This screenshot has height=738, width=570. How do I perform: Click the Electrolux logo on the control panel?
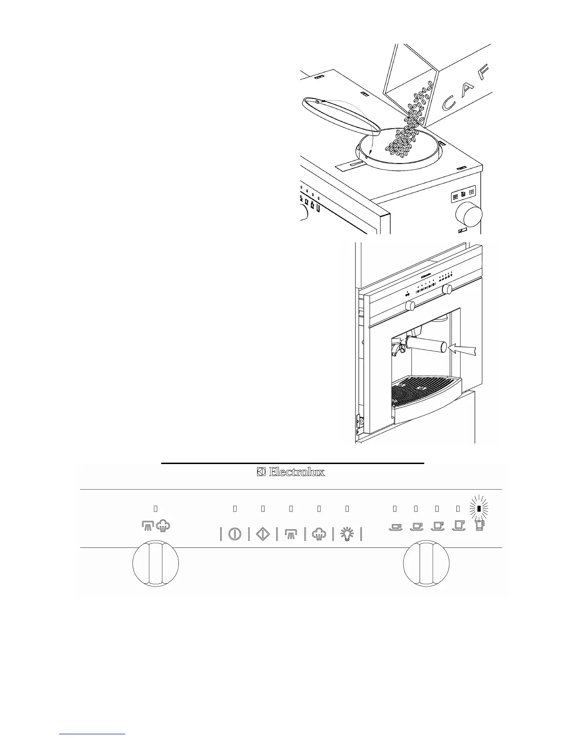(x=291, y=472)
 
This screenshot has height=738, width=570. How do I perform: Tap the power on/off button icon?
(x=235, y=534)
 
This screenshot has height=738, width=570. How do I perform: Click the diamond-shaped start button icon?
(x=263, y=534)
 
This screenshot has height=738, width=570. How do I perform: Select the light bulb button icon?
(x=347, y=534)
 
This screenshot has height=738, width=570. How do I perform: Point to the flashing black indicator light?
(x=479, y=509)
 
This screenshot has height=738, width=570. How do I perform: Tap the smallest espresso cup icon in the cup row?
(x=395, y=527)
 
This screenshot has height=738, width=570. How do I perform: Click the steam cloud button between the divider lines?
(x=319, y=534)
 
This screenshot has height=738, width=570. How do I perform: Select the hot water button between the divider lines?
(x=291, y=534)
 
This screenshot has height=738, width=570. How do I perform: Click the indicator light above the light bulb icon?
(x=347, y=509)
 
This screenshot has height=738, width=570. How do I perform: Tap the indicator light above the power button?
(x=235, y=509)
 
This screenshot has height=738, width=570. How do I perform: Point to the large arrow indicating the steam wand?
(x=463, y=348)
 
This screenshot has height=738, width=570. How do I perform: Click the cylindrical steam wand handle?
(x=426, y=345)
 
